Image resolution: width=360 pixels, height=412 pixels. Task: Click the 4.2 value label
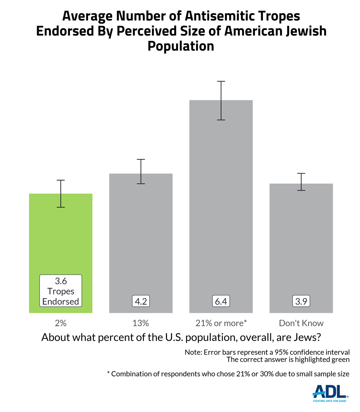(141, 302)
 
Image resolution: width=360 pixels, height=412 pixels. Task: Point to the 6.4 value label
(221, 302)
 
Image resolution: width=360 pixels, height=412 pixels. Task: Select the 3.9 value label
(301, 302)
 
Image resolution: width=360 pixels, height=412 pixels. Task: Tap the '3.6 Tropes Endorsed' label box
(61, 291)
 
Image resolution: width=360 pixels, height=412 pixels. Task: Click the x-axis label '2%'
(61, 323)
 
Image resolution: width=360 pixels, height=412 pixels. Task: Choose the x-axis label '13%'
(141, 323)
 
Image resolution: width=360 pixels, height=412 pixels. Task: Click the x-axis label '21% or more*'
(221, 323)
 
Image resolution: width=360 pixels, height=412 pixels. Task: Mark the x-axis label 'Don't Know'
(301, 323)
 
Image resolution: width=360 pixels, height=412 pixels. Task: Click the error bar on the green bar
(61, 194)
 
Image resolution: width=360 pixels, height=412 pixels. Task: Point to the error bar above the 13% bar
(141, 171)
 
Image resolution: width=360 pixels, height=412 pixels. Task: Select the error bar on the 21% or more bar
(221, 101)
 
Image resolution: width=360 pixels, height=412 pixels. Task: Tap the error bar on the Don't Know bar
(301, 182)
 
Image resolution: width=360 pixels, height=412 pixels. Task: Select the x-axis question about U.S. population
(181, 337)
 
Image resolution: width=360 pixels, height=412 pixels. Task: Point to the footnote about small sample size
(228, 374)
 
